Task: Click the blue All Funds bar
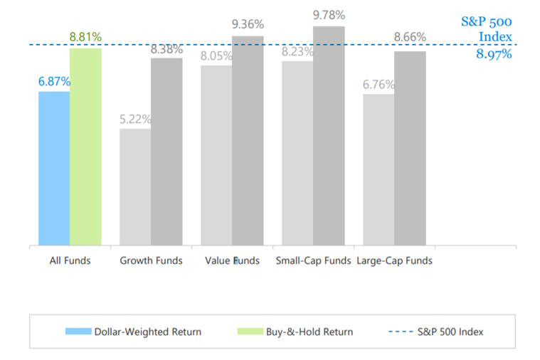click(x=54, y=169)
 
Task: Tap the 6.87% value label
click(x=54, y=82)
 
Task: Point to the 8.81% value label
click(x=85, y=36)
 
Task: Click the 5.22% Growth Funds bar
click(x=135, y=187)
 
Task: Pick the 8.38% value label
click(x=166, y=49)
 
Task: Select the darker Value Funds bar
click(x=248, y=141)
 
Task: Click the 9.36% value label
click(x=248, y=25)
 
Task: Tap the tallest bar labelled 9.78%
click(x=329, y=136)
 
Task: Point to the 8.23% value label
click(x=297, y=52)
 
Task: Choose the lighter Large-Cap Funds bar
click(x=378, y=170)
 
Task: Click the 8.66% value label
click(x=410, y=37)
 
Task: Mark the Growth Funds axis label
click(x=151, y=260)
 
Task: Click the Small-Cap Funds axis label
click(x=313, y=260)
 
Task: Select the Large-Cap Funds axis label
click(x=394, y=260)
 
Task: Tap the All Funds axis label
click(x=70, y=260)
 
